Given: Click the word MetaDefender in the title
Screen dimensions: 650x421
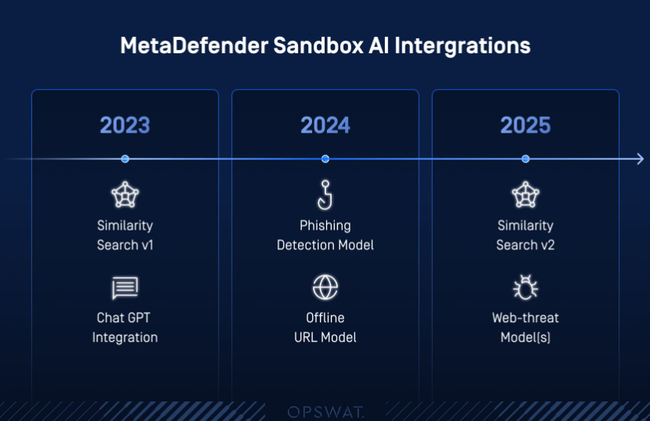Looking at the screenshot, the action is pyautogui.click(x=194, y=45).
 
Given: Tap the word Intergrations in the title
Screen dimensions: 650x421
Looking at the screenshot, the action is pyautogui.click(x=462, y=46).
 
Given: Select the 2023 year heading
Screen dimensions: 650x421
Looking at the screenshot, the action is pyautogui.click(x=125, y=125).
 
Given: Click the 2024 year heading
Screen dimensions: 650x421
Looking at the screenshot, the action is pyautogui.click(x=325, y=125).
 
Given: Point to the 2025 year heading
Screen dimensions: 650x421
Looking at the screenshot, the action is pyautogui.click(x=525, y=125).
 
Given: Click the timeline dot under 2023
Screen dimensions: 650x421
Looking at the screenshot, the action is pyautogui.click(x=125, y=158).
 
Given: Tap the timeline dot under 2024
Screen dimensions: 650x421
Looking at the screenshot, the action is pyautogui.click(x=325, y=158).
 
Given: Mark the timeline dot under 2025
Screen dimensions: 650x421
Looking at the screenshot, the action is pyautogui.click(x=525, y=158).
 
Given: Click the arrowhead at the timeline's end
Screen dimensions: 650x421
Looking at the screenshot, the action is pyautogui.click(x=641, y=158).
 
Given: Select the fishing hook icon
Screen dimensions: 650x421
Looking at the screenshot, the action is pyautogui.click(x=325, y=194).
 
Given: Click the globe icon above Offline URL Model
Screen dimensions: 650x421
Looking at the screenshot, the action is pyautogui.click(x=325, y=287).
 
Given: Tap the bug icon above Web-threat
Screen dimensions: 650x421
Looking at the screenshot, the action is pyautogui.click(x=525, y=287).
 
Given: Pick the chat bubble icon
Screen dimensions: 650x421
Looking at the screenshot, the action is pyautogui.click(x=125, y=288).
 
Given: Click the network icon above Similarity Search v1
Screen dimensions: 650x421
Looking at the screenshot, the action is pyautogui.click(x=125, y=194).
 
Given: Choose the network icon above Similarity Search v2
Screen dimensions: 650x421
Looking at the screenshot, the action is pyautogui.click(x=525, y=194).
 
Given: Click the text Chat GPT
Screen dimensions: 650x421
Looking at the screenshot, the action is pyautogui.click(x=124, y=318).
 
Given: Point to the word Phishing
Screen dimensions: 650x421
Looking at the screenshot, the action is pyautogui.click(x=325, y=226).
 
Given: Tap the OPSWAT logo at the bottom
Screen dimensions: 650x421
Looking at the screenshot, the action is pyautogui.click(x=325, y=412).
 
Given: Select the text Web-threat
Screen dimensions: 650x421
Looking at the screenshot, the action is pyautogui.click(x=525, y=318).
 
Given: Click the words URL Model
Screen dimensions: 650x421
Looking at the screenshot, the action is pyautogui.click(x=325, y=337).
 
